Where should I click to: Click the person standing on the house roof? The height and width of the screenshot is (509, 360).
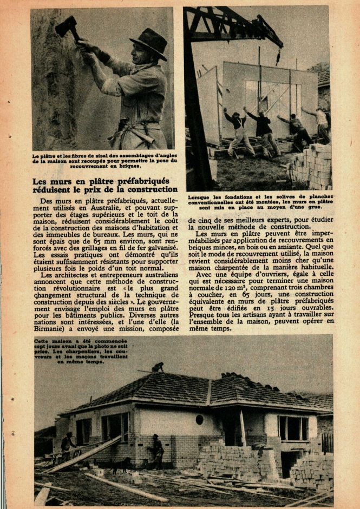coord(158,367)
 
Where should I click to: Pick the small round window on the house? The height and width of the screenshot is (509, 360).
coord(199,419)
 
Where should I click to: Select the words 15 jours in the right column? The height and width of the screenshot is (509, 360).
coord(295,307)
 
